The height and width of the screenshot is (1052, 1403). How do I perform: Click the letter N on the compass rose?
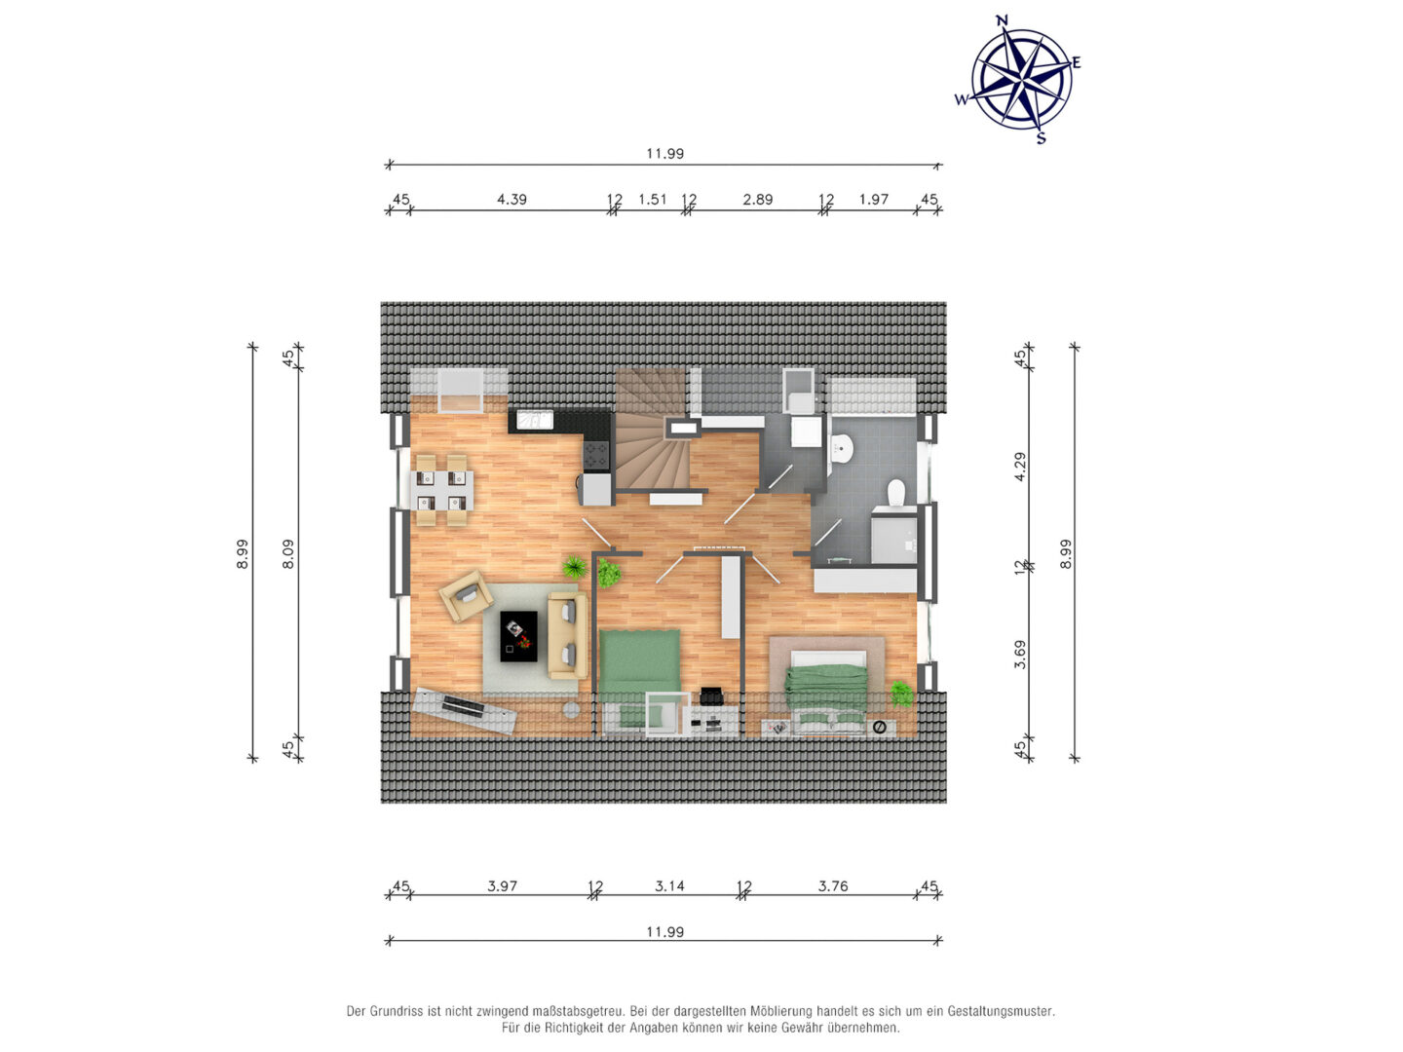(x=1002, y=21)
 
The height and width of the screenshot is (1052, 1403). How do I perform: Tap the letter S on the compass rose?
(x=1041, y=137)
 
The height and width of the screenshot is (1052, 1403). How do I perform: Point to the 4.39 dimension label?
(x=512, y=200)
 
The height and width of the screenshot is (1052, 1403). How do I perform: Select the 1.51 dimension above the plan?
(x=652, y=200)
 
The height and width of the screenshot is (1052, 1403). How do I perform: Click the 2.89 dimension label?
(x=757, y=200)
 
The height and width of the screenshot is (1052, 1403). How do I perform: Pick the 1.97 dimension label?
(x=873, y=200)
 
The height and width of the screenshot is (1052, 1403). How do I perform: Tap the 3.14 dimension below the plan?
(x=669, y=886)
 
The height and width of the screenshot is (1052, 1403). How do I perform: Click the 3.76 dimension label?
(x=833, y=886)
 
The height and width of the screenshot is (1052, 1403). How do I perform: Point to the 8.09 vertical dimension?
(x=288, y=553)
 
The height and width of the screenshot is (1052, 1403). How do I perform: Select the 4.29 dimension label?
(x=1020, y=467)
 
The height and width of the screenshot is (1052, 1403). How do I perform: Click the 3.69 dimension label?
(x=1020, y=654)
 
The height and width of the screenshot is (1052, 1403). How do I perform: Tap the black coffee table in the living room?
(x=517, y=636)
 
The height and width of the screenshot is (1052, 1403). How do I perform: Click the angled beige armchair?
(x=466, y=595)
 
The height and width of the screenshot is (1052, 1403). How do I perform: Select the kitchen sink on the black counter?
(x=534, y=420)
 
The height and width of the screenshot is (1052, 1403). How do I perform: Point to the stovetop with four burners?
(x=595, y=456)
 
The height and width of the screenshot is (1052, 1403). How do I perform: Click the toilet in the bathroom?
(x=896, y=493)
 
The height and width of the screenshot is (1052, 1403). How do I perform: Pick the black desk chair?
(x=711, y=695)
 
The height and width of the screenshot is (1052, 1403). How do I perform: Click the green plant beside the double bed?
(x=901, y=694)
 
